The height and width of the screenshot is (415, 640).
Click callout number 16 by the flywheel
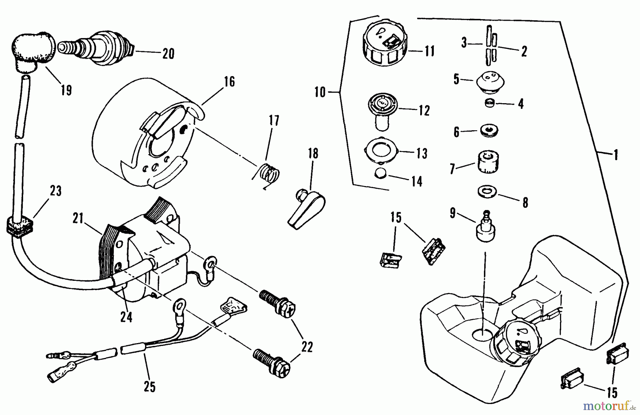point(230,82)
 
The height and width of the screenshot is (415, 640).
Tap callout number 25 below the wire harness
point(150,387)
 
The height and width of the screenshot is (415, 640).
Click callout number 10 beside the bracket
point(320,93)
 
